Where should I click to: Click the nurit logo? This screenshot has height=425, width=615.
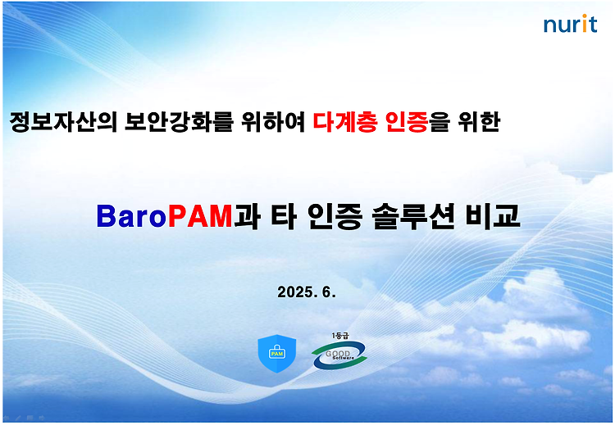pos(570,24)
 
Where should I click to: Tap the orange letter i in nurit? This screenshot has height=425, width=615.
pos(584,24)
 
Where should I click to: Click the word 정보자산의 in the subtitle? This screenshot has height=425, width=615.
pos(63,122)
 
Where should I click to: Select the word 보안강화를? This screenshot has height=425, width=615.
pos(179,122)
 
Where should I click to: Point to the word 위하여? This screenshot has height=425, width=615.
pos(273,122)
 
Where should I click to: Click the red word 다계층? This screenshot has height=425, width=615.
pos(345,122)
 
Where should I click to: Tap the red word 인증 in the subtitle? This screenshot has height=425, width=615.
pos(407,122)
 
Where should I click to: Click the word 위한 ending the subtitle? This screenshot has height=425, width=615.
pos(479,122)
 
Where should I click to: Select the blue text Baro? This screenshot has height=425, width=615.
pos(132,216)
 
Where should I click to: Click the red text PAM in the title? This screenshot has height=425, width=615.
pos(200,216)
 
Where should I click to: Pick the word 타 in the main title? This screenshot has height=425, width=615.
pos(283,216)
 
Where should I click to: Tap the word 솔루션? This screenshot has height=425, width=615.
pos(413,216)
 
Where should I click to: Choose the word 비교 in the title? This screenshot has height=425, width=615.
pos(493,216)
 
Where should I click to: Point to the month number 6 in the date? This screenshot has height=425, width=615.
pos(327,292)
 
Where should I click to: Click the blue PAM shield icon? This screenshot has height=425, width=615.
pos(277,354)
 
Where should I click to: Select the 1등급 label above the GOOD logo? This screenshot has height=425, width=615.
pos(340,336)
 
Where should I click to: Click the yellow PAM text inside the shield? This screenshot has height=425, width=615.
pos(277,354)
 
